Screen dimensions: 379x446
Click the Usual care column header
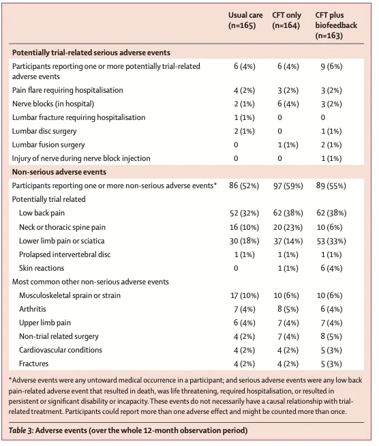(245, 20)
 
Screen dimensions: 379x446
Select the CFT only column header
(286, 20)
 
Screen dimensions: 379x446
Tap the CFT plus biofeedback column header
(336, 25)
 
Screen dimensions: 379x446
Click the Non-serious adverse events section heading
(59, 172)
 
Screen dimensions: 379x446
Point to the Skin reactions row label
(42, 268)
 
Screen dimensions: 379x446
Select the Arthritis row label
(33, 309)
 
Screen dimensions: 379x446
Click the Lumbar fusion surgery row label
(48, 145)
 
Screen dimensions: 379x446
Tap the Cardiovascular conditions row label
(61, 350)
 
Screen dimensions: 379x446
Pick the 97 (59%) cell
(288, 186)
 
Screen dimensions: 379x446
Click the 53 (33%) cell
(331, 241)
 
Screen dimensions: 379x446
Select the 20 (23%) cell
(288, 228)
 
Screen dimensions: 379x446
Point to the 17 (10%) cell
(245, 295)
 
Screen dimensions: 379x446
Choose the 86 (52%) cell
(244, 186)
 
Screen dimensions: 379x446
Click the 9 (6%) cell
(331, 67)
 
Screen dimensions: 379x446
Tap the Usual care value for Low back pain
(244, 213)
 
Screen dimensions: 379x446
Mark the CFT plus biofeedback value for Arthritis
(331, 309)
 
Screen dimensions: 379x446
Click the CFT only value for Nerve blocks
(288, 104)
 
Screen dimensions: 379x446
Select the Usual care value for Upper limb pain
(245, 323)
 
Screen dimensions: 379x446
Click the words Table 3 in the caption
(21, 430)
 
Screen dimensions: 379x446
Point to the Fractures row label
(33, 363)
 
